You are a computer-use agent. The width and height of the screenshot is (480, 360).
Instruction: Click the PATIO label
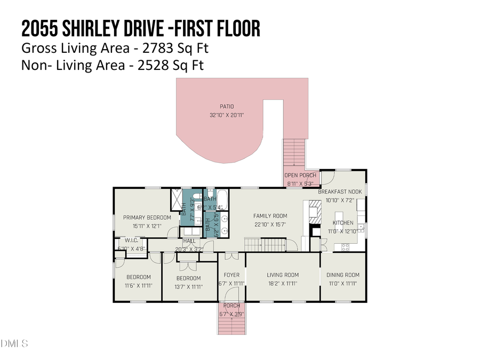tap(227, 107)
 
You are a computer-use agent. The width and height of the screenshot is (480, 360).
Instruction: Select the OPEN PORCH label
tap(300, 175)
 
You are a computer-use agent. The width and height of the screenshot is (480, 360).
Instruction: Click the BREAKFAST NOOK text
tap(340, 191)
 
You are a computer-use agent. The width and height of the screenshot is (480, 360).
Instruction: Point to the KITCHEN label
tap(343, 222)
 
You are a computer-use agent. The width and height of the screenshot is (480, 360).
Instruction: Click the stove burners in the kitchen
tap(345, 246)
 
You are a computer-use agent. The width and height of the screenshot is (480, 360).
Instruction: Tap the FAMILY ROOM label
tap(270, 216)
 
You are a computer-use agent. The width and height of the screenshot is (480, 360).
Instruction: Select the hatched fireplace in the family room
tap(314, 213)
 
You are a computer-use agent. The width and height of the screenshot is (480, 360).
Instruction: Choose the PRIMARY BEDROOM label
tap(147, 218)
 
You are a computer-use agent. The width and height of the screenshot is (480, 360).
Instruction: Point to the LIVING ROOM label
tap(283, 275)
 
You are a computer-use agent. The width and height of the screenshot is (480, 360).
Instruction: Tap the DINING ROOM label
tap(343, 275)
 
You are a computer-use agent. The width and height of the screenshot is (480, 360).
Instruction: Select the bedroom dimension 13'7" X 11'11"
tap(189, 286)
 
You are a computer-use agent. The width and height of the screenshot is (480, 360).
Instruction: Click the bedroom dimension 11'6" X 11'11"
tap(138, 285)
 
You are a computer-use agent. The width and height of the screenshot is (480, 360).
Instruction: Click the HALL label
tap(189, 241)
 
